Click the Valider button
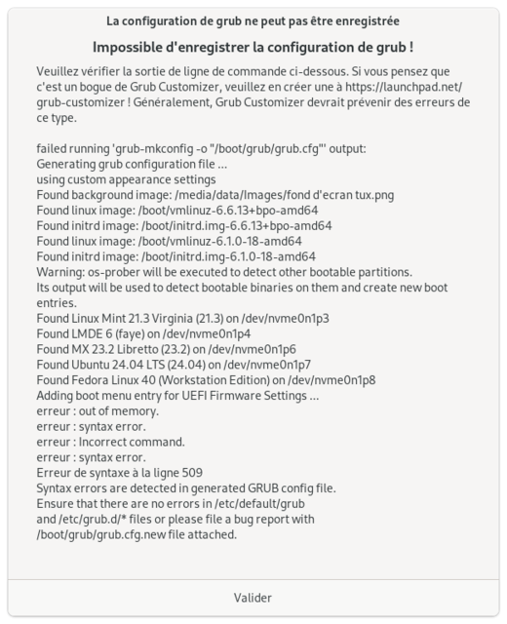click(253, 598)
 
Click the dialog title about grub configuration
click(253, 20)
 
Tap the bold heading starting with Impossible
click(253, 48)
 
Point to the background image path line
click(214, 195)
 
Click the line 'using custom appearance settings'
click(126, 179)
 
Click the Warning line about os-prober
click(223, 272)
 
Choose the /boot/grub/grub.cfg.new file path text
click(108, 534)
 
